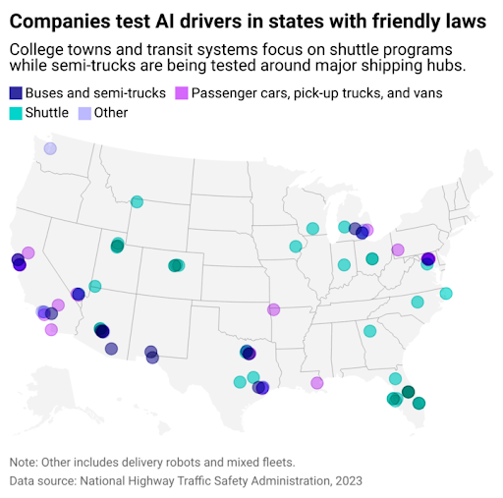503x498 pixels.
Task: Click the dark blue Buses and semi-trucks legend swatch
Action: [x=16, y=92]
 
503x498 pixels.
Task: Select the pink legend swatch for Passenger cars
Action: [x=181, y=92]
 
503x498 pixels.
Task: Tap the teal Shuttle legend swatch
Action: [x=16, y=112]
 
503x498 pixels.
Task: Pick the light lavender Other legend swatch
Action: [x=84, y=112]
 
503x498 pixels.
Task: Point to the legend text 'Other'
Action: [x=112, y=112]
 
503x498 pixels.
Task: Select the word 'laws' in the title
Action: [x=462, y=21]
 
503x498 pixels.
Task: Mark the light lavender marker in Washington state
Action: [x=49, y=148]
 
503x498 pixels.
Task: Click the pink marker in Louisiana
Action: [x=316, y=382]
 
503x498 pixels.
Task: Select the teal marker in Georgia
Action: [x=369, y=331]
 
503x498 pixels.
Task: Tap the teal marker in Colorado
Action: [x=176, y=265]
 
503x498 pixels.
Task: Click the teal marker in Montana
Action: [x=138, y=202]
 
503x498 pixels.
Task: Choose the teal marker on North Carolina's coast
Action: [x=446, y=294]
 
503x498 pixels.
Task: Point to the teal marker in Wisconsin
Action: [x=312, y=229]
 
